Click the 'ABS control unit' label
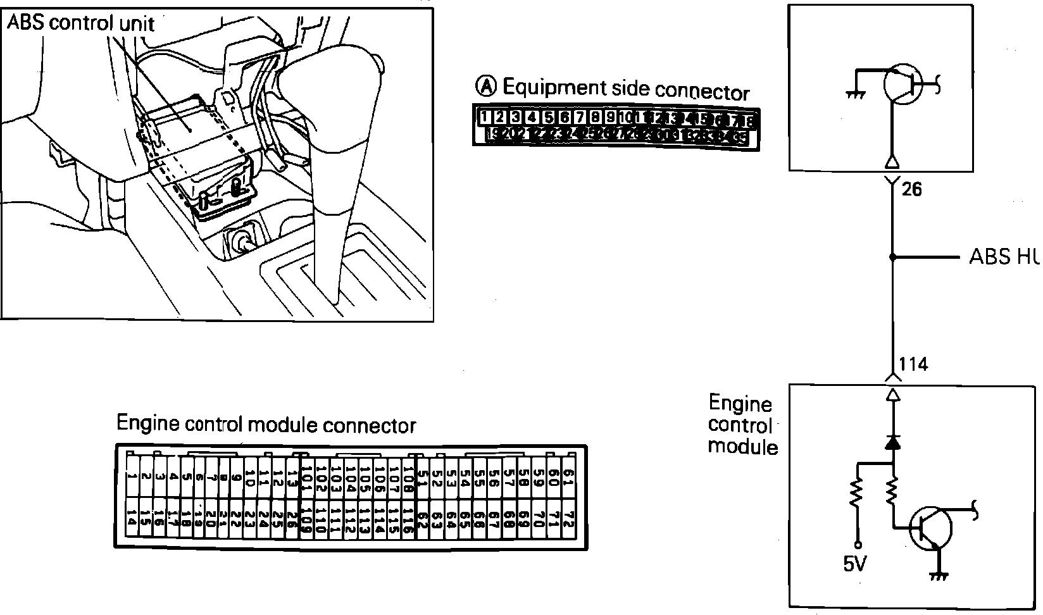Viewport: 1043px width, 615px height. pos(80,23)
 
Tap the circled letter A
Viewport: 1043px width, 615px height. pos(485,85)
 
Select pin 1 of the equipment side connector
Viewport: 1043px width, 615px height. pos(484,117)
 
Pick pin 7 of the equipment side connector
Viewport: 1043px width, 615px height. pos(579,117)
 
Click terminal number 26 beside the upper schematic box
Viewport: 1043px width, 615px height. pos(911,189)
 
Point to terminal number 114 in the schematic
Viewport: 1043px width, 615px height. pos(913,364)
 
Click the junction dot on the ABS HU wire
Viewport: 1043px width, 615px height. pos(892,258)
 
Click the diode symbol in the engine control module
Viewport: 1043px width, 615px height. pos(892,442)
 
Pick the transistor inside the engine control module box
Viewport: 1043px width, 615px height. pos(931,528)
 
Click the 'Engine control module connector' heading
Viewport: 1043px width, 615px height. pos(266,425)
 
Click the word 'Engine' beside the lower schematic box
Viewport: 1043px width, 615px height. pos(740,404)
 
